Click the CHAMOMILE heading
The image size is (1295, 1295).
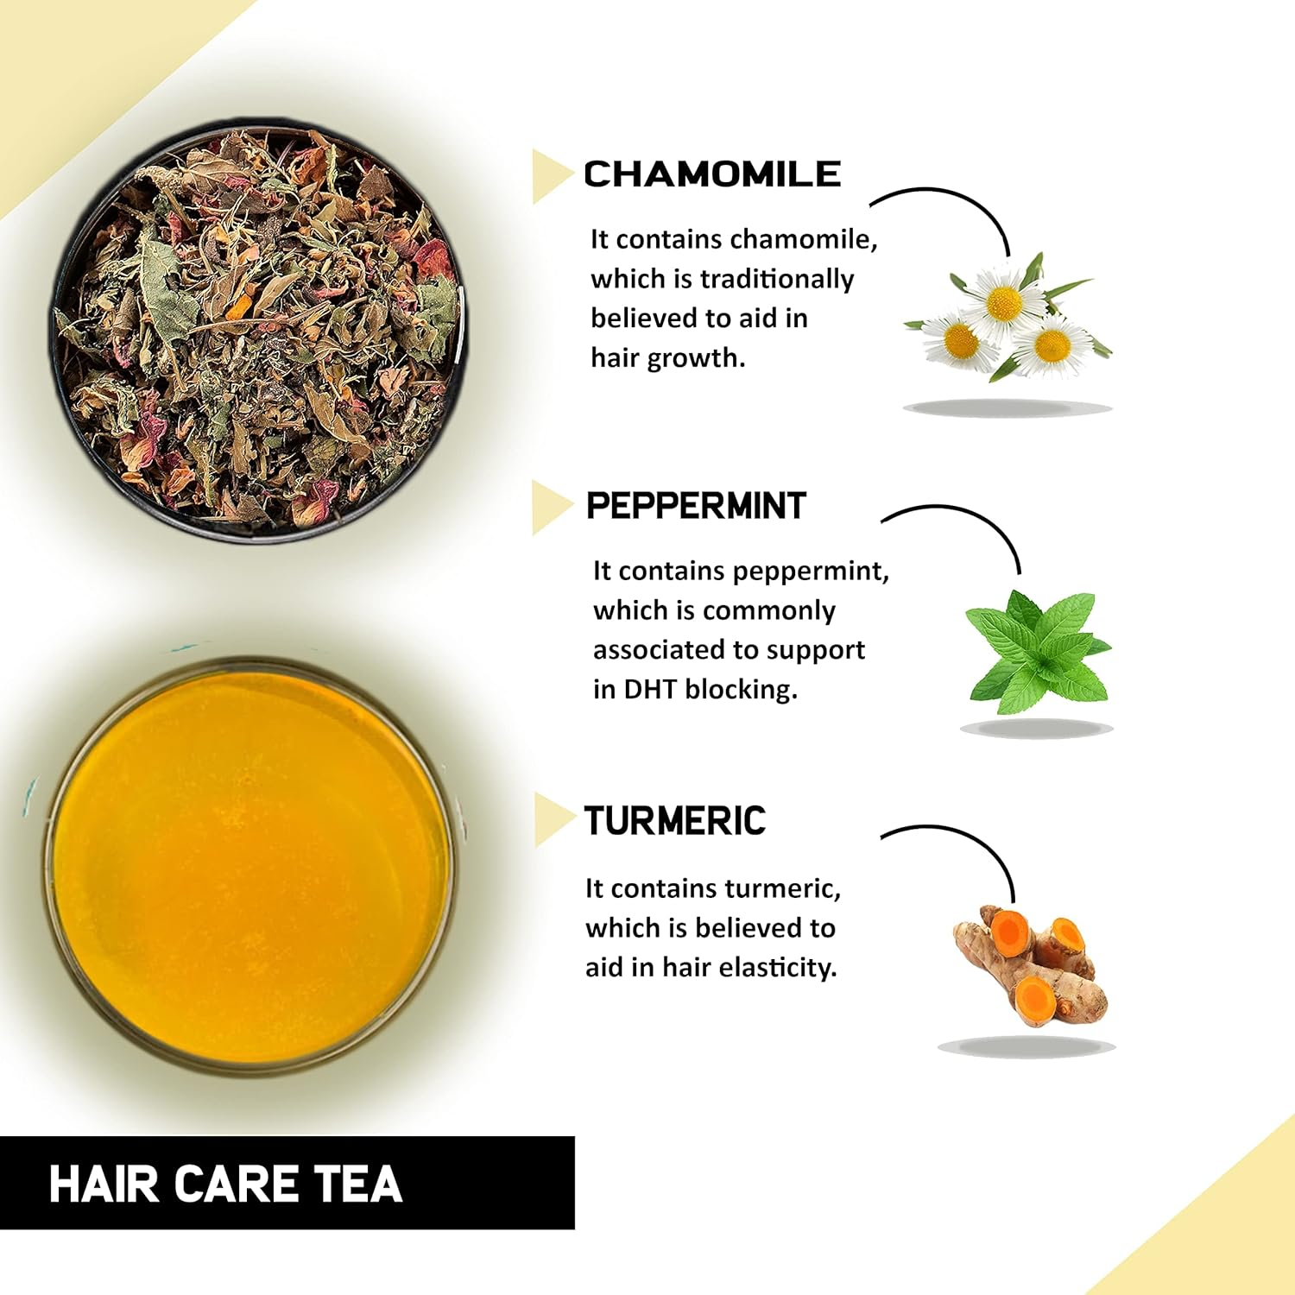click(x=712, y=174)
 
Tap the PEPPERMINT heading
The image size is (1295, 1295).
click(x=696, y=506)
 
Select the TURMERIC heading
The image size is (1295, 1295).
click(x=675, y=821)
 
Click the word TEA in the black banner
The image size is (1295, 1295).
click(x=358, y=1184)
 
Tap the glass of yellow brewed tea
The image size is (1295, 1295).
click(x=250, y=868)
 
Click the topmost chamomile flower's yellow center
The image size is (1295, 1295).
click(x=1003, y=302)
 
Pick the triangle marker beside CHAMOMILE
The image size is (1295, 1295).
click(x=549, y=176)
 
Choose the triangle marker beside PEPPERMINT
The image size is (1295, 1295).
click(x=549, y=507)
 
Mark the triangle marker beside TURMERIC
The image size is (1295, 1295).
click(x=551, y=819)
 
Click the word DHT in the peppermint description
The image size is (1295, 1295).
click(x=651, y=690)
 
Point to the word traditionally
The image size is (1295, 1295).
click(x=776, y=279)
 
